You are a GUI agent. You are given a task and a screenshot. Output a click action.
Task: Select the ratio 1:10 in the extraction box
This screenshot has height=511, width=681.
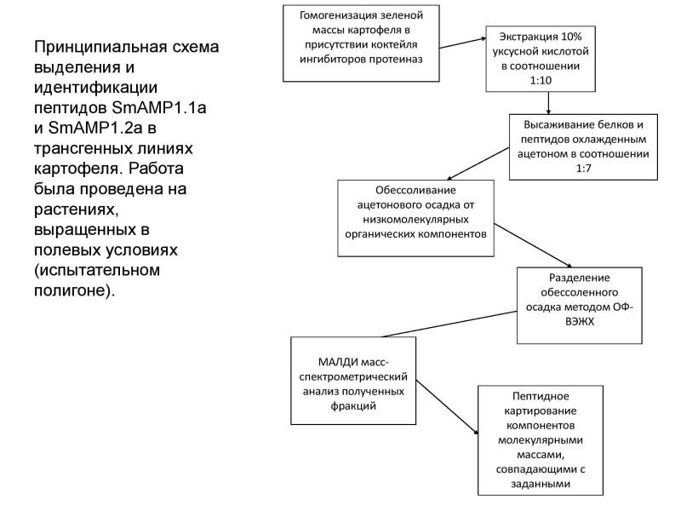(541, 80)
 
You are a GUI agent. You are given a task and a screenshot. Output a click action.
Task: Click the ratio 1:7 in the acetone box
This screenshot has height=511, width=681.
(584, 168)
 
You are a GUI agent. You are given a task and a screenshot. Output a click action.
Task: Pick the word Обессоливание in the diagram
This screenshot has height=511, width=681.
(415, 190)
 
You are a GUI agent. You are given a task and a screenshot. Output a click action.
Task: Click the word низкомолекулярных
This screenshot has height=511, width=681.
(415, 220)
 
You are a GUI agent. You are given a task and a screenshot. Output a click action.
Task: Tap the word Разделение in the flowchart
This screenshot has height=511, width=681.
(580, 278)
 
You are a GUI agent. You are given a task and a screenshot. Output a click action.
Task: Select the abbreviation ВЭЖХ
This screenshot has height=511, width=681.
(580, 322)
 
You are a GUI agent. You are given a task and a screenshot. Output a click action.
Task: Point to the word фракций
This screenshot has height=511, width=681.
(353, 406)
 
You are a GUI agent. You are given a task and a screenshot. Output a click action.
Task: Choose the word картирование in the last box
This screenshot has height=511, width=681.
(541, 411)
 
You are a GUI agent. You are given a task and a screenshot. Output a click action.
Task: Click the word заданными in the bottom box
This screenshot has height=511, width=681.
(541, 484)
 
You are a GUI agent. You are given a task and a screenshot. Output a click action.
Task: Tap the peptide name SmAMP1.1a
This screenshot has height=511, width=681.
(159, 107)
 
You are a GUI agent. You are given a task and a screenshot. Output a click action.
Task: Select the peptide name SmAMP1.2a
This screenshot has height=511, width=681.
(95, 128)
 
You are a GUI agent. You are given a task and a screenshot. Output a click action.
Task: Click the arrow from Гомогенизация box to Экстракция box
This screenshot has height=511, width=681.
(463, 43)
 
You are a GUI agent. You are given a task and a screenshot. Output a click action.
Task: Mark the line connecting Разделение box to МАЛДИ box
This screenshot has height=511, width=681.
(449, 324)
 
